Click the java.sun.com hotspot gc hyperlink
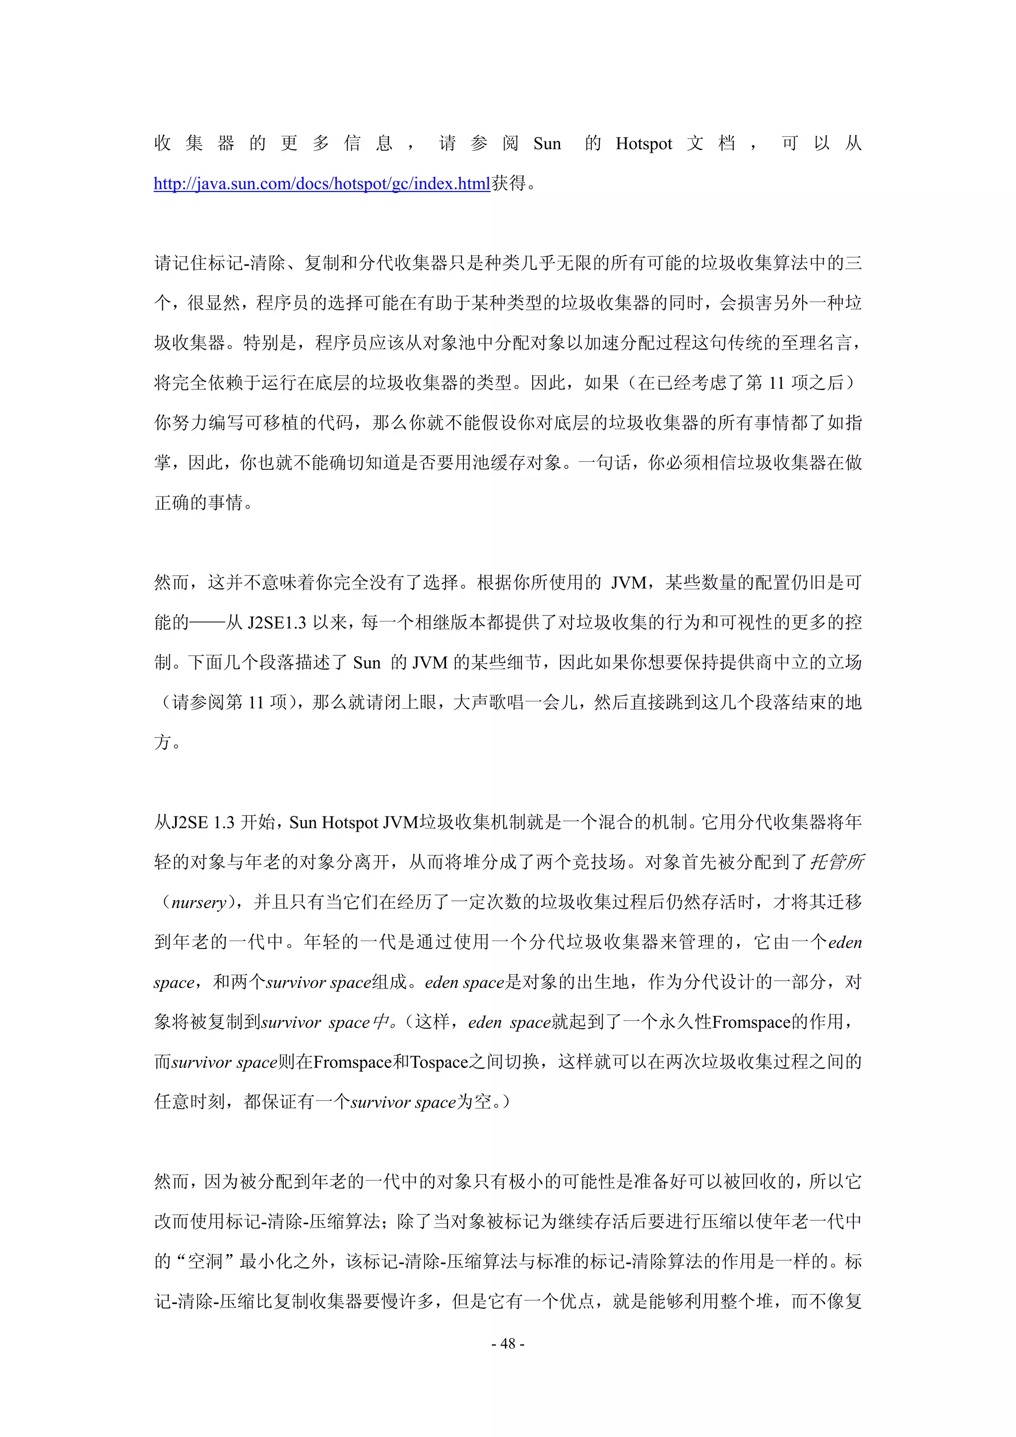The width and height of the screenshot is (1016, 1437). pos(322,184)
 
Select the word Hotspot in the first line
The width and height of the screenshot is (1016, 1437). pos(643,144)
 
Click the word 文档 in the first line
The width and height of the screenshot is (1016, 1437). pos(710,144)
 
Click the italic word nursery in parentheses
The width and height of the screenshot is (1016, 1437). pos(198,902)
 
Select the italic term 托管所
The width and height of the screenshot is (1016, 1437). pos(837,863)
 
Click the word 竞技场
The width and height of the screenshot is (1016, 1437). pos(599,863)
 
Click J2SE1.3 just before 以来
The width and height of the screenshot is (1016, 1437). pos(277,623)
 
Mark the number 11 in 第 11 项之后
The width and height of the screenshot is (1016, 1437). pos(776,383)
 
